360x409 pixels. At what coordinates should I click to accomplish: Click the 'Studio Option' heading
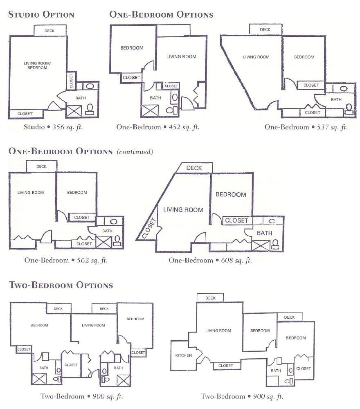[41, 15]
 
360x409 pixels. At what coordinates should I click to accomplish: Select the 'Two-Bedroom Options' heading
[61, 285]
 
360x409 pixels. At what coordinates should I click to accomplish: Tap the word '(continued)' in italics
[135, 152]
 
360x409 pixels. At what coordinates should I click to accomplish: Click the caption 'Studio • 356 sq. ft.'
[56, 127]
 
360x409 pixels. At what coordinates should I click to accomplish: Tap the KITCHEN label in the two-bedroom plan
[184, 355]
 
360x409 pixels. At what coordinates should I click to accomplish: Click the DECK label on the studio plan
[50, 31]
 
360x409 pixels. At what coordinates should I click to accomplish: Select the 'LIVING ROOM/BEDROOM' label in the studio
[35, 65]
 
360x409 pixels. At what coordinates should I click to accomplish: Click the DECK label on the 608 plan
[194, 168]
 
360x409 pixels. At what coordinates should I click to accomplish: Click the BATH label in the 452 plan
[155, 98]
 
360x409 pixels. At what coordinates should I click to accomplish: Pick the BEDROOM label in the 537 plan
[304, 57]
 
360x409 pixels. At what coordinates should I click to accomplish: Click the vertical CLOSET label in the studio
[71, 81]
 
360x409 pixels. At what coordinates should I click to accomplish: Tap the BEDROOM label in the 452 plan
[132, 48]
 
